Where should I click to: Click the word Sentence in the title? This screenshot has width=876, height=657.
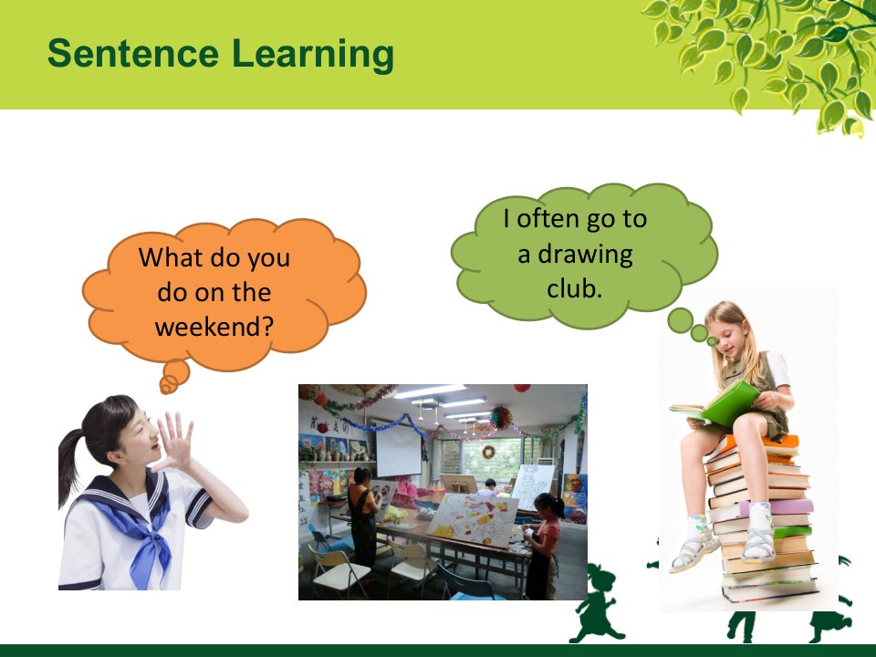click(133, 54)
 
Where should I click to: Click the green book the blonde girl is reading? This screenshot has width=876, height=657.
click(720, 404)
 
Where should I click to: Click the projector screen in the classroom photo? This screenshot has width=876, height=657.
click(399, 449)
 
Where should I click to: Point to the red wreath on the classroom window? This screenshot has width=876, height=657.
click(488, 452)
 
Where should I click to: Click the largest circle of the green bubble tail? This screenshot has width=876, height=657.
click(680, 320)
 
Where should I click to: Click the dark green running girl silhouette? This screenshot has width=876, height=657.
click(597, 604)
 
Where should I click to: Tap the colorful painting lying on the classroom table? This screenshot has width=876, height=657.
click(474, 520)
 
